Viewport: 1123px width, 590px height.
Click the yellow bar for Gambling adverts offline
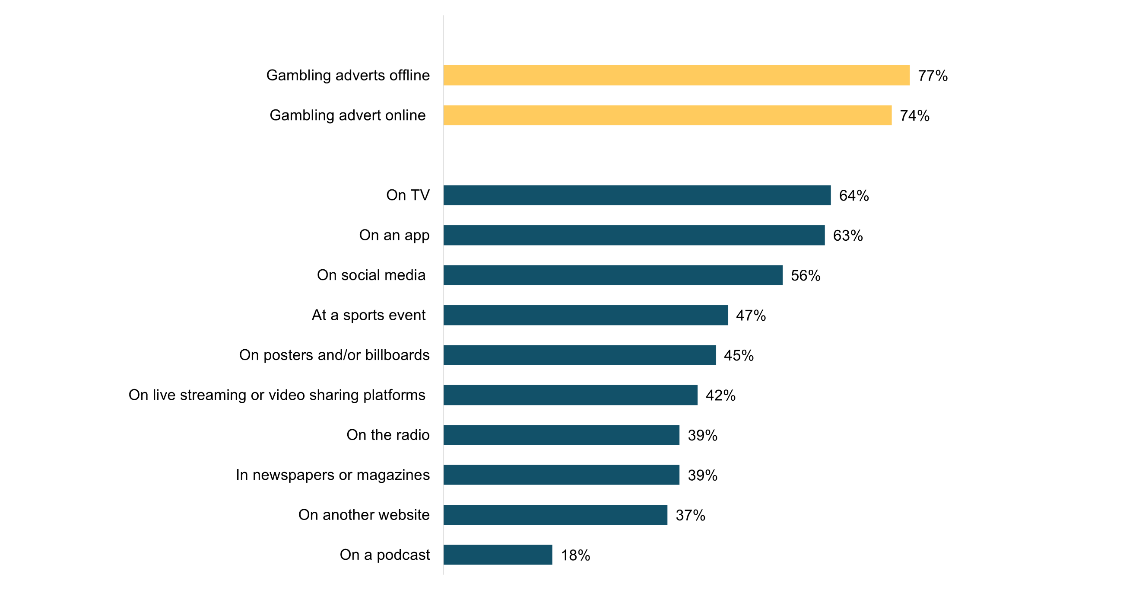(676, 75)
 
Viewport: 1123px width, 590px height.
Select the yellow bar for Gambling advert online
(667, 115)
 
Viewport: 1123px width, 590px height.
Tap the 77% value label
(933, 76)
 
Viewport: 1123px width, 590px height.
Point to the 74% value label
(914, 116)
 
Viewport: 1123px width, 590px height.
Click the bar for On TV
(637, 195)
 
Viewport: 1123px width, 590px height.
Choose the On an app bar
(634, 235)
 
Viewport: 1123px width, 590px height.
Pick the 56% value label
(805, 276)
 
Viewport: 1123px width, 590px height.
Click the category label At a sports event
(368, 315)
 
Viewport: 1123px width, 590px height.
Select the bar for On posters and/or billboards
(579, 355)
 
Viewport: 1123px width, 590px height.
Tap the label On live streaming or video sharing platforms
(277, 395)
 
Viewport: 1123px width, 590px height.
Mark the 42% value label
(720, 395)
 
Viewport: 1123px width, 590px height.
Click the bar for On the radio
(561, 435)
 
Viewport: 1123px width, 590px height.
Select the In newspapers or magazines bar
(561, 475)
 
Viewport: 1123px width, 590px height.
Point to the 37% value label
(690, 515)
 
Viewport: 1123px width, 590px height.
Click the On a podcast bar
(498, 555)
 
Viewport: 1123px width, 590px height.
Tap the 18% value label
(575, 555)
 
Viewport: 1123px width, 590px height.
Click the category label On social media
(371, 275)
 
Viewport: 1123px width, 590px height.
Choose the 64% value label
(853, 196)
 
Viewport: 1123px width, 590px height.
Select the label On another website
(364, 515)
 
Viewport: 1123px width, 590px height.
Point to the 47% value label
(750, 316)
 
